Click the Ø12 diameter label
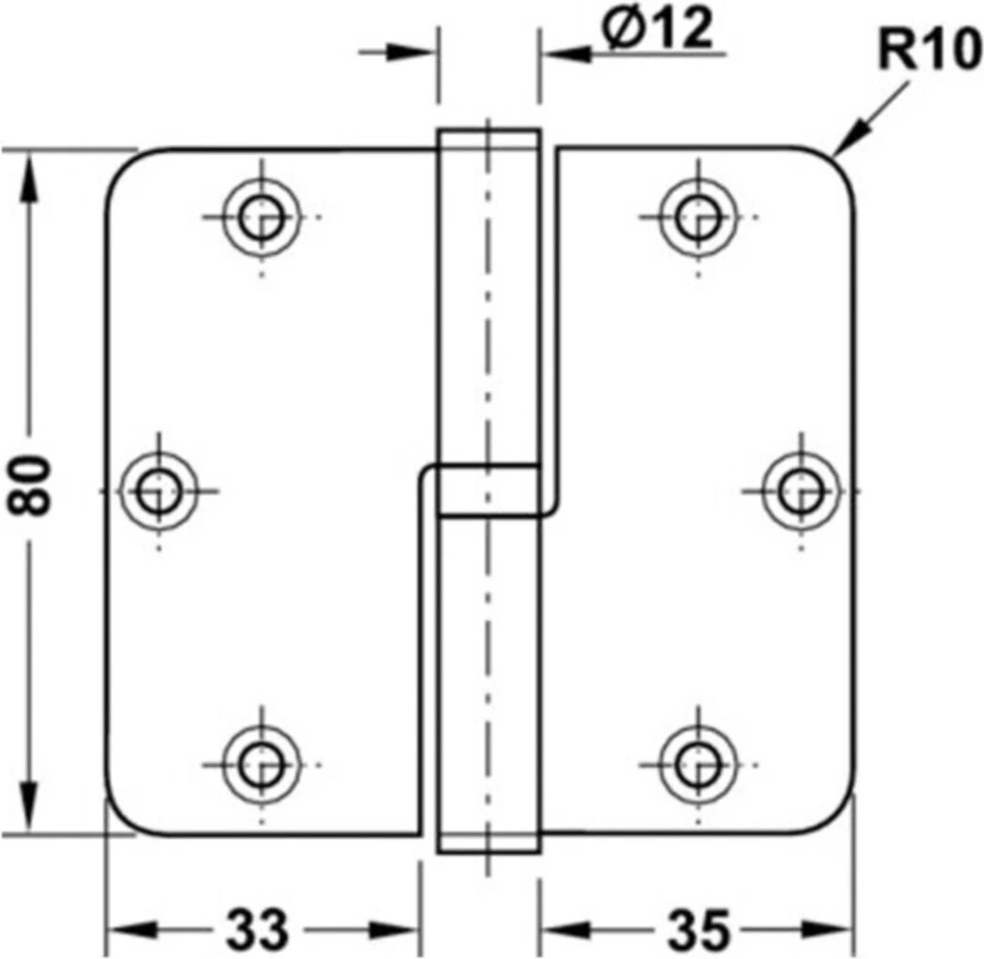click(657, 32)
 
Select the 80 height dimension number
click(31, 484)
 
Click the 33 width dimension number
click(256, 930)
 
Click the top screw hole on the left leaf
click(262, 217)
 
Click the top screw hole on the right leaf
click(696, 217)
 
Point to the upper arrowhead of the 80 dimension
click(31, 169)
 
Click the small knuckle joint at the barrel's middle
click(488, 490)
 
